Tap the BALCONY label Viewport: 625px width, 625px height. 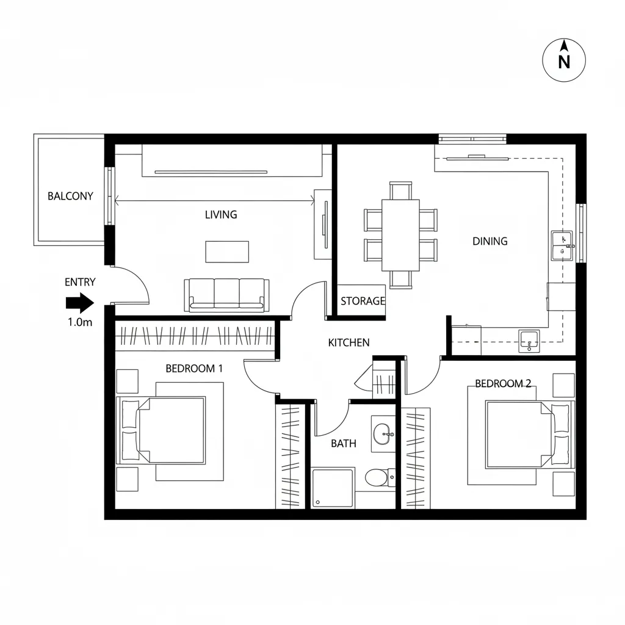70,196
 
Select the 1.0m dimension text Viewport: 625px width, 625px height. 79,322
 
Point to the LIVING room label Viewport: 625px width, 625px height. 221,215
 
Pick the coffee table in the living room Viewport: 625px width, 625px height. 227,251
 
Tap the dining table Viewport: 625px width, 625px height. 400,235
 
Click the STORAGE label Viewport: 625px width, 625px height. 363,301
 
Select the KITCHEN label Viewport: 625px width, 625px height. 349,342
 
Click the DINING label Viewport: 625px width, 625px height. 490,241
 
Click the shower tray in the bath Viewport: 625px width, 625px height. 333,488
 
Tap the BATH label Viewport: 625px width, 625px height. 343,444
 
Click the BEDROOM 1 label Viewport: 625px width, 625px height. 194,369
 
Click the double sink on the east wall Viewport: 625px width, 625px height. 562,245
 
